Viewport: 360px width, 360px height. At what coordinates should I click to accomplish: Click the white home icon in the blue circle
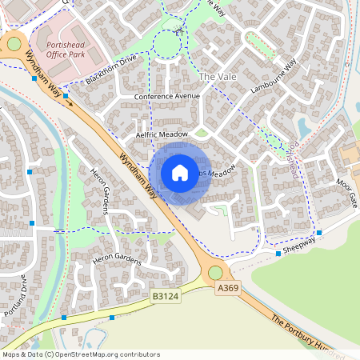(180, 173)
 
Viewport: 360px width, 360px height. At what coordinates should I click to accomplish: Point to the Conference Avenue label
(166, 97)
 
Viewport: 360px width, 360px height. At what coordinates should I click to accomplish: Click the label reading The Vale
(218, 76)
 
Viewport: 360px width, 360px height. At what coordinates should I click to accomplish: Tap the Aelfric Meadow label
(162, 135)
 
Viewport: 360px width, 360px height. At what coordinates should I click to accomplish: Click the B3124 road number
(166, 296)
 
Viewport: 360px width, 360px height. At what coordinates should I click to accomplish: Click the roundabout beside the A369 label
(215, 273)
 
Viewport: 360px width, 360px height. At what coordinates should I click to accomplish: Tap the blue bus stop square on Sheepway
(278, 254)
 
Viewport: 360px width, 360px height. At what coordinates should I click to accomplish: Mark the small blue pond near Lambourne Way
(305, 126)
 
